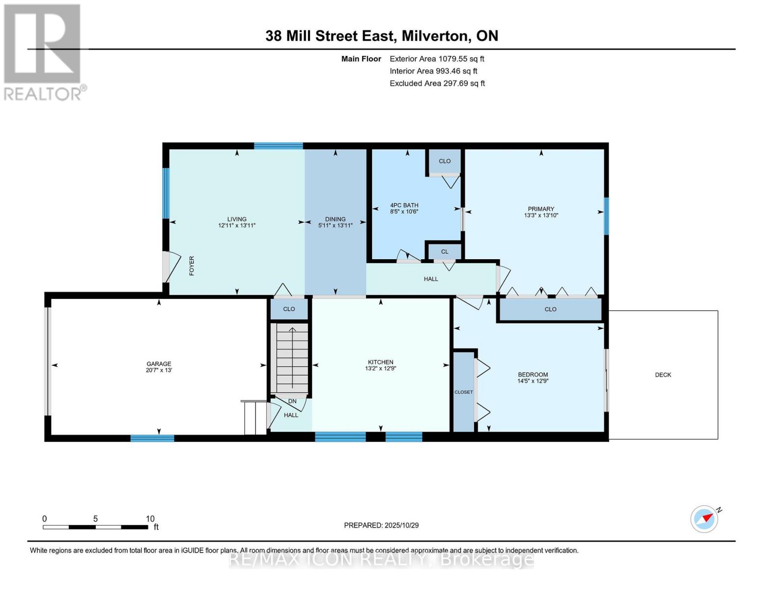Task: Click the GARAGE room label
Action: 159,364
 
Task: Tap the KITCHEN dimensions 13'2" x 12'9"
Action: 380,369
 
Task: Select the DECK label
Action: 663,375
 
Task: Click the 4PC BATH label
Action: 404,205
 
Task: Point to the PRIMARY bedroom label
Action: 541,209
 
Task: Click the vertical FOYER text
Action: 192,266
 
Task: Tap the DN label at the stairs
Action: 292,401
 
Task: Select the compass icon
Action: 705,519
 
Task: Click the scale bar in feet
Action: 95,527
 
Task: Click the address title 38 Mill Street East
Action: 382,36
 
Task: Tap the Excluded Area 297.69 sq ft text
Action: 437,83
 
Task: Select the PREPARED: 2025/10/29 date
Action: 381,525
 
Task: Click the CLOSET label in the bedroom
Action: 463,392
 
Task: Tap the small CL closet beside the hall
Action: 445,251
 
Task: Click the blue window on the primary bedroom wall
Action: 606,216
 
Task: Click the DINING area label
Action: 335,219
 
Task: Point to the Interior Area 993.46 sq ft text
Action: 433,71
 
